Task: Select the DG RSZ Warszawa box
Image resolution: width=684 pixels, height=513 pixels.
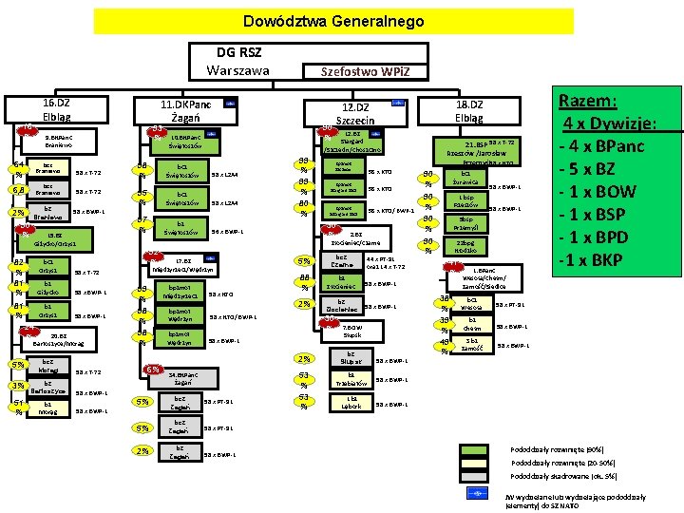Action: (238, 61)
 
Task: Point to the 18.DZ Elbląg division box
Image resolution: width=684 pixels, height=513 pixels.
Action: (469, 109)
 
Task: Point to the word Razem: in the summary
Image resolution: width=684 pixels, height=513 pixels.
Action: (589, 101)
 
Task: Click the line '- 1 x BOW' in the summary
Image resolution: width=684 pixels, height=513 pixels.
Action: (603, 191)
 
